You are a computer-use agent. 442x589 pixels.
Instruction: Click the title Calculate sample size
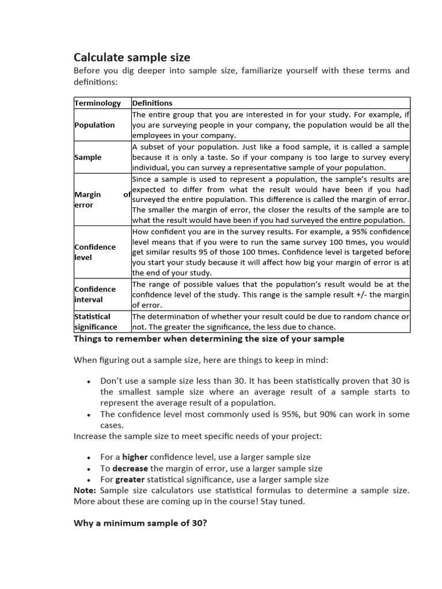132,57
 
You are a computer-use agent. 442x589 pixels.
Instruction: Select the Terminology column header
97,103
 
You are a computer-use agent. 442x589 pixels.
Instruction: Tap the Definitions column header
153,103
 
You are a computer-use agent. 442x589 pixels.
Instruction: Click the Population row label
94,125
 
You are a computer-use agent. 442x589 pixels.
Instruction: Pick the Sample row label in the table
88,157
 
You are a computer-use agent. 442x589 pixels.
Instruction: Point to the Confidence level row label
95,252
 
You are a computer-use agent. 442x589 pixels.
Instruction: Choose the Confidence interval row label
95,294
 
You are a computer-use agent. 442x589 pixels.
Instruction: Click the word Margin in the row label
87,194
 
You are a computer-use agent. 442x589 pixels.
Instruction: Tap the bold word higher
135,457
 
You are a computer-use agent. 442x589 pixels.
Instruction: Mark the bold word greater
129,479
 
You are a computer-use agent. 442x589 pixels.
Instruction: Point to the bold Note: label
85,490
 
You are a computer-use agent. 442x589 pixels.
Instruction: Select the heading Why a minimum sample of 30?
140,523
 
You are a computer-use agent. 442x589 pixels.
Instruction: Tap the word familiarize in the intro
271,71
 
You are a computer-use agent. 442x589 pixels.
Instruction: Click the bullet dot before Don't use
88,381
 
